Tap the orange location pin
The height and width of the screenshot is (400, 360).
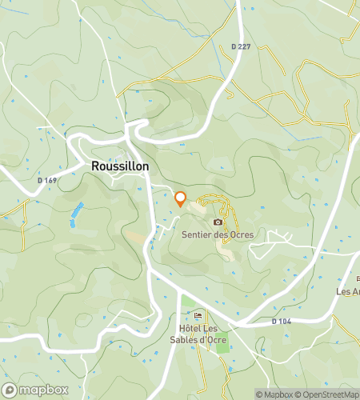(180, 199)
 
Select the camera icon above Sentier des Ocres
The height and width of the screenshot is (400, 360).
(218, 222)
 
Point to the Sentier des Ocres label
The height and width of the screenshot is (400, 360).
(218, 234)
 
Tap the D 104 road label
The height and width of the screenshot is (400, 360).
(279, 321)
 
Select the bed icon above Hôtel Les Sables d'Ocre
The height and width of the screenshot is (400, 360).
(198, 314)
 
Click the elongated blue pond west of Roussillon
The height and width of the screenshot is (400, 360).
(76, 214)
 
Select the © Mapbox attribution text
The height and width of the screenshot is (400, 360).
(277, 394)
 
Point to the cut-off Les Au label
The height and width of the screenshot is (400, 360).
(348, 291)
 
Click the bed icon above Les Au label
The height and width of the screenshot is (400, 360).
(358, 278)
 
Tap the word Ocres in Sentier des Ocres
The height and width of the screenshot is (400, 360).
(240, 234)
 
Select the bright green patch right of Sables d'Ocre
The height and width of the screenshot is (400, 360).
(222, 345)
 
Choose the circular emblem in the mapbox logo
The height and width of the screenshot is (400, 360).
(9, 390)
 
